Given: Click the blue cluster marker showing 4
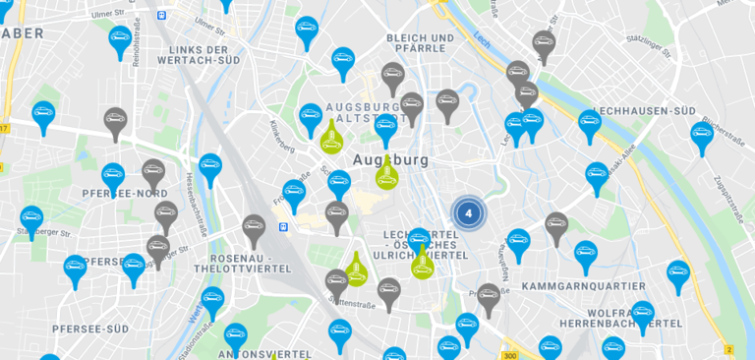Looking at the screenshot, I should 469,211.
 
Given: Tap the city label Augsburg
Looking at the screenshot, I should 390,159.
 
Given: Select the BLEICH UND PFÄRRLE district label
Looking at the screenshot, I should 421,44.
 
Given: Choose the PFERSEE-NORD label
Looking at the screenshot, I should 125,194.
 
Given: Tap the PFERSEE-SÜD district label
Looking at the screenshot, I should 90,329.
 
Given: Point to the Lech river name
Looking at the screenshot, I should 480,40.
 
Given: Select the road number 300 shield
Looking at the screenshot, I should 508,355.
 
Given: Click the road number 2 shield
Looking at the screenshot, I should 728,349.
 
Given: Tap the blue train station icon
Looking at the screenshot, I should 283,227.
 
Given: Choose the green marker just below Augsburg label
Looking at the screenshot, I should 387,174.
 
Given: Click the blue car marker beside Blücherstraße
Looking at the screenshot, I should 701,135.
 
